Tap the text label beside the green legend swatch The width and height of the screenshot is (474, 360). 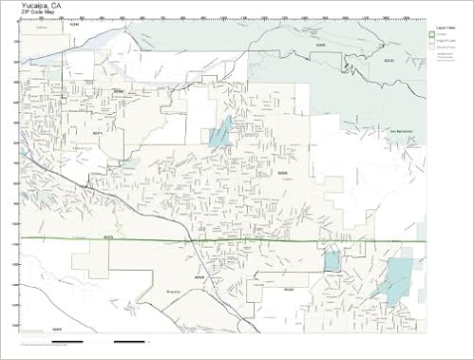(x=442, y=35)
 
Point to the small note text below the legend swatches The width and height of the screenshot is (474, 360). (x=445, y=57)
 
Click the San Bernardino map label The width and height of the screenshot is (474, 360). (x=403, y=130)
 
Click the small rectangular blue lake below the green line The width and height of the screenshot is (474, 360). (x=332, y=261)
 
